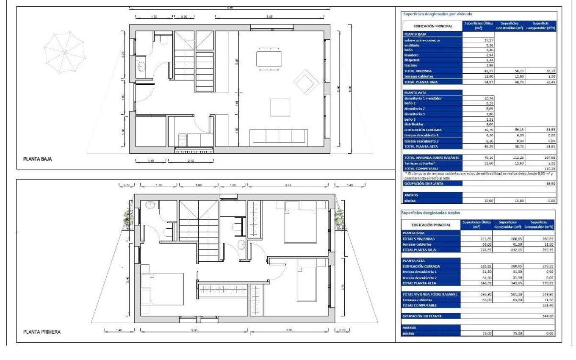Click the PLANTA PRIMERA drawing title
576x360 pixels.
click(x=42, y=332)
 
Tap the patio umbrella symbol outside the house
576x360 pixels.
click(x=65, y=52)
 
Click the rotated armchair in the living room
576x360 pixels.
click(x=307, y=82)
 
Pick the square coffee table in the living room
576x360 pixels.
click(x=280, y=107)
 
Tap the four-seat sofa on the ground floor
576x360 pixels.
click(x=279, y=136)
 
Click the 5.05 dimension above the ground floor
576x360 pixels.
click(x=269, y=17)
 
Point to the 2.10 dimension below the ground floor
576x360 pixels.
click(x=191, y=161)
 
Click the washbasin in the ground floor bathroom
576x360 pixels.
click(x=140, y=67)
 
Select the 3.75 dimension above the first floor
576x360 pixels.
click(x=288, y=185)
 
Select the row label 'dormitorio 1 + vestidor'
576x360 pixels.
click(x=424, y=98)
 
